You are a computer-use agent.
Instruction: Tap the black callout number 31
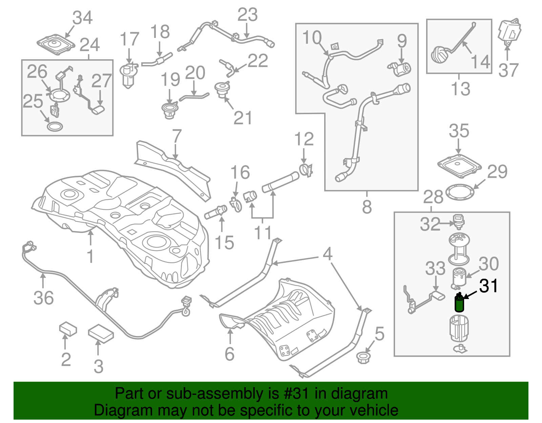pyautogui.click(x=488, y=286)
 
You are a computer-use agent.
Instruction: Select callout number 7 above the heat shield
pyautogui.click(x=177, y=136)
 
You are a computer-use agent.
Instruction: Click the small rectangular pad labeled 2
pyautogui.click(x=68, y=329)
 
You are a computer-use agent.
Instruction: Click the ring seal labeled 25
pyautogui.click(x=55, y=127)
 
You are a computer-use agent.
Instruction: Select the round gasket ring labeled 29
pyautogui.click(x=460, y=192)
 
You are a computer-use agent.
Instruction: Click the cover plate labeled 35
pyautogui.click(x=459, y=165)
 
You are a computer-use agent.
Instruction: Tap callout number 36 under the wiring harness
pyautogui.click(x=43, y=298)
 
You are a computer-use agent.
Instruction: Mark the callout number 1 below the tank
pyautogui.click(x=90, y=256)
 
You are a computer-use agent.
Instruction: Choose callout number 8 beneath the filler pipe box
pyautogui.click(x=367, y=207)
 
